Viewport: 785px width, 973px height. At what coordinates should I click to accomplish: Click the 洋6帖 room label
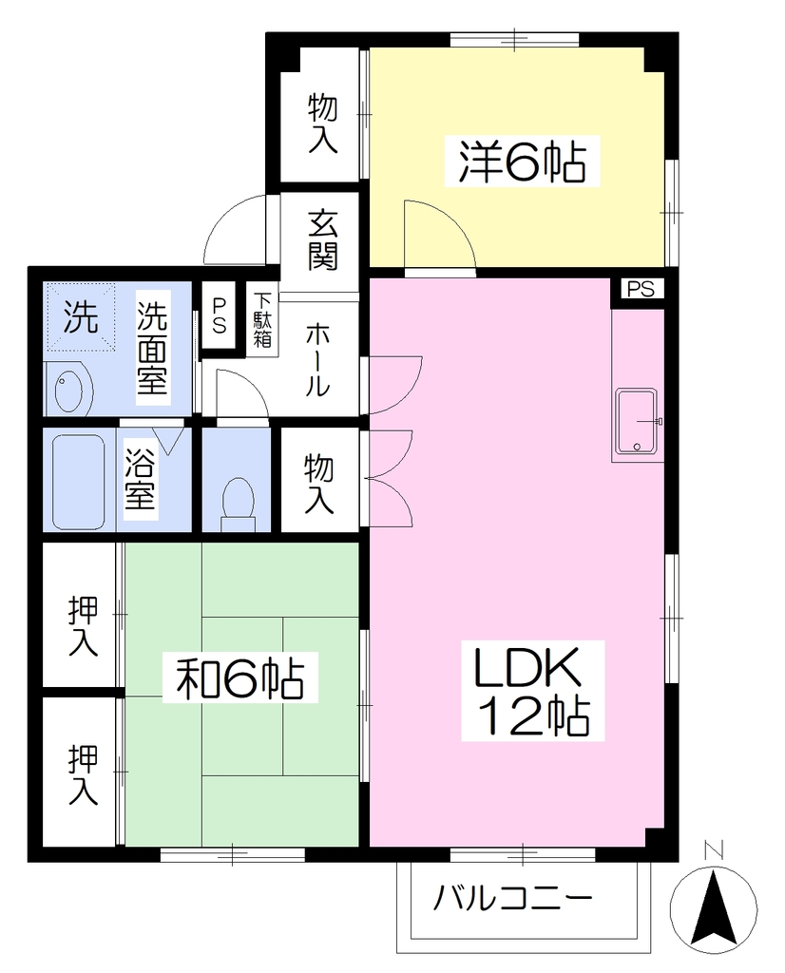coord(522,162)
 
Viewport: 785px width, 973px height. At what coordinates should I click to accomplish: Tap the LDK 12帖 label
coord(532,691)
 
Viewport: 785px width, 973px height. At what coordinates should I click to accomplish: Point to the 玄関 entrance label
coord(323,239)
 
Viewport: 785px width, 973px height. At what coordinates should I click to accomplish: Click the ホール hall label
coord(317,361)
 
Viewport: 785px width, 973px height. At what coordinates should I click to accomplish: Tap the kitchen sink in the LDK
coord(637,421)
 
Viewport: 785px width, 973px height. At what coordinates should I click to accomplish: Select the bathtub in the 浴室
coord(78,481)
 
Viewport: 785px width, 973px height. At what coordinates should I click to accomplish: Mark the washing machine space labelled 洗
coord(81,317)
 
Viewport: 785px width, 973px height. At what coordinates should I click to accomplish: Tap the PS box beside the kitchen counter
coord(641,290)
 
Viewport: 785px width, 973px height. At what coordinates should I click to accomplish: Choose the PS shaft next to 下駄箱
coord(219,316)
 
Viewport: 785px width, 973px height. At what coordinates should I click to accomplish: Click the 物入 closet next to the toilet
coord(319,484)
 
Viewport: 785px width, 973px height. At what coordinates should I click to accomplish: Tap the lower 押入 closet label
coord(84,774)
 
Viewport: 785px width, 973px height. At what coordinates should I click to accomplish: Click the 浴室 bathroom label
coord(141,477)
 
